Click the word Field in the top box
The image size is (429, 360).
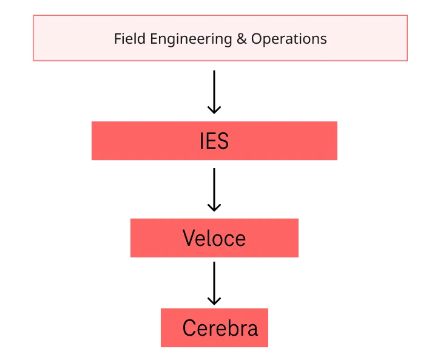[130, 39]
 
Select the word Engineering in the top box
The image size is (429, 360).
[191, 39]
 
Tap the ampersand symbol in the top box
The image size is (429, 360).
[242, 39]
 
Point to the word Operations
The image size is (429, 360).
[289, 39]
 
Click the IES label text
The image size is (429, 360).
[214, 141]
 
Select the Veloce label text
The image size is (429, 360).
[214, 238]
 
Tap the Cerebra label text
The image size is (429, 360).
[220, 328]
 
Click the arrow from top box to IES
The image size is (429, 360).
[214, 92]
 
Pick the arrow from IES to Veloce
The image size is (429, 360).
[214, 190]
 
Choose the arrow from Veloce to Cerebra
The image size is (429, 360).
[214, 284]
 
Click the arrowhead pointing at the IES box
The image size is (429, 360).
[214, 110]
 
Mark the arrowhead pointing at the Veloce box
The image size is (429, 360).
[214, 208]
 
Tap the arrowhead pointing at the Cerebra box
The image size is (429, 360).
[214, 301]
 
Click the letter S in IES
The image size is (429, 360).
[223, 141]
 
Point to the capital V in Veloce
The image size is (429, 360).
[190, 237]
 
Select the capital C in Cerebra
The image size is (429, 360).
[189, 328]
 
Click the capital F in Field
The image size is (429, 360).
[118, 39]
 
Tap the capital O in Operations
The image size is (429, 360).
[257, 39]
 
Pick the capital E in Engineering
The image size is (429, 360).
[154, 39]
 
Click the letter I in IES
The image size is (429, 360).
[201, 141]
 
